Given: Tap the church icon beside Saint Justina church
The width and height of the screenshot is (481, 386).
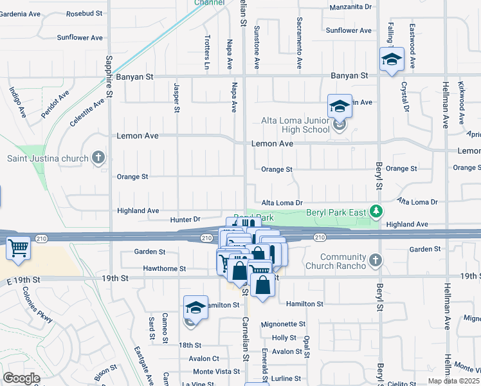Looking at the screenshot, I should (98, 158).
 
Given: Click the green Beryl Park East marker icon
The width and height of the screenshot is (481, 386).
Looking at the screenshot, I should (379, 211).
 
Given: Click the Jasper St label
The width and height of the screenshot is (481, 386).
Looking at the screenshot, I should (176, 97).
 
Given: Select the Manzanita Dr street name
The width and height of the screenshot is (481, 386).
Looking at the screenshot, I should (350, 7).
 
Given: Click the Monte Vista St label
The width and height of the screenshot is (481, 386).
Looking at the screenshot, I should (216, 372).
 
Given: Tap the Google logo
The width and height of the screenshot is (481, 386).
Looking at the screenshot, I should (21, 378).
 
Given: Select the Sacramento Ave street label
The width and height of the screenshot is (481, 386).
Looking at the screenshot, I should (299, 48).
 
